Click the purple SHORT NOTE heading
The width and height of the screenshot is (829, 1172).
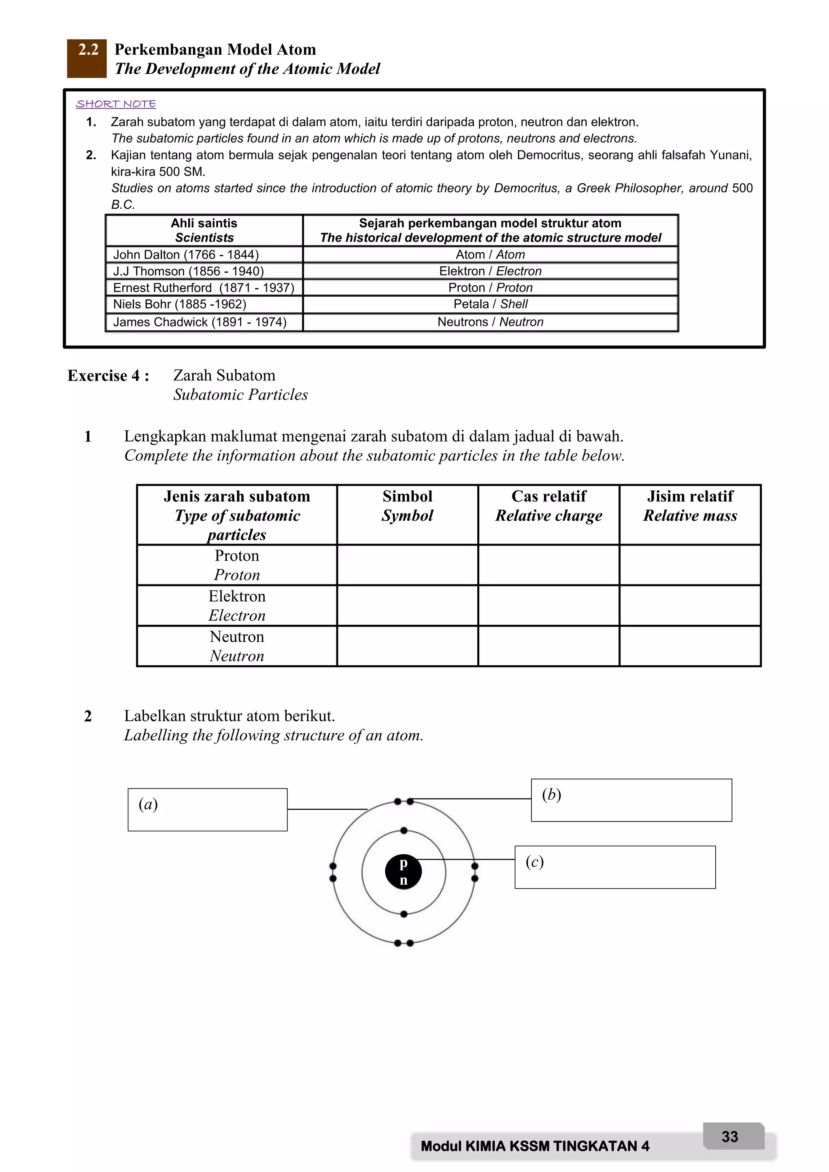coord(116,104)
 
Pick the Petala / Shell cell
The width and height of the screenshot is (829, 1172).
coord(490,304)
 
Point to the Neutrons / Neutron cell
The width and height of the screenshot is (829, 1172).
coord(490,322)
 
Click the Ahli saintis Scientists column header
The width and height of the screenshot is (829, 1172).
coord(204,230)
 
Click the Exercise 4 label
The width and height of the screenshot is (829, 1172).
coord(108,376)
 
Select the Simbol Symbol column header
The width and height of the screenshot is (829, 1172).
coord(407,506)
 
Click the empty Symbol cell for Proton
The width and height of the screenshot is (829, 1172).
coord(407,565)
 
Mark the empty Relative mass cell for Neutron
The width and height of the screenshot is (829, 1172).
coord(690,646)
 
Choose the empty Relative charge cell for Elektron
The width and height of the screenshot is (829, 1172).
coord(549,605)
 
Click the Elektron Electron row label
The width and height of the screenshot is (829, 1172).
coord(237,605)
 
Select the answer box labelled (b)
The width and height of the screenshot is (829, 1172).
coord(631,800)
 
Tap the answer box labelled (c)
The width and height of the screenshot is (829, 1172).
coord(615,867)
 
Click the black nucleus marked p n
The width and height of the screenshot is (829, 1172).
coord(403,873)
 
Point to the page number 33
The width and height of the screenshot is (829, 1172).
coord(730,1137)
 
